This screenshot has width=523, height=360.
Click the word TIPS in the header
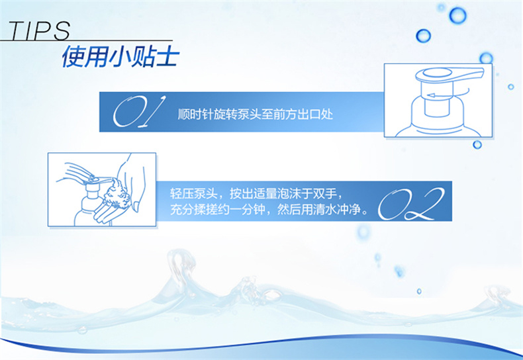click(39, 31)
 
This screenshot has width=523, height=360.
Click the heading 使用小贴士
click(120, 56)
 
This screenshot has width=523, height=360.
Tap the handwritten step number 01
click(139, 112)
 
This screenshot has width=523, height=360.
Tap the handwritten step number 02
click(411, 204)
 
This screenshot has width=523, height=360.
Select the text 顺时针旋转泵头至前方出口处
click(255, 114)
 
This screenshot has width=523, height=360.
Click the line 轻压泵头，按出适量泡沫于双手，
click(256, 193)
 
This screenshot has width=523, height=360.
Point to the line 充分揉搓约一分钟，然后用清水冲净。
click(269, 209)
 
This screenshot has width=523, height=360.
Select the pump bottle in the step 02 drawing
click(87, 203)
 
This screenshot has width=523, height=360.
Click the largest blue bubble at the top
click(457, 15)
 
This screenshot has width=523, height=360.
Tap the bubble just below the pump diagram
click(477, 145)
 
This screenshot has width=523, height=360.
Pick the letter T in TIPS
click(19, 31)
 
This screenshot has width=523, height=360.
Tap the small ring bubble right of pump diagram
click(510, 87)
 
